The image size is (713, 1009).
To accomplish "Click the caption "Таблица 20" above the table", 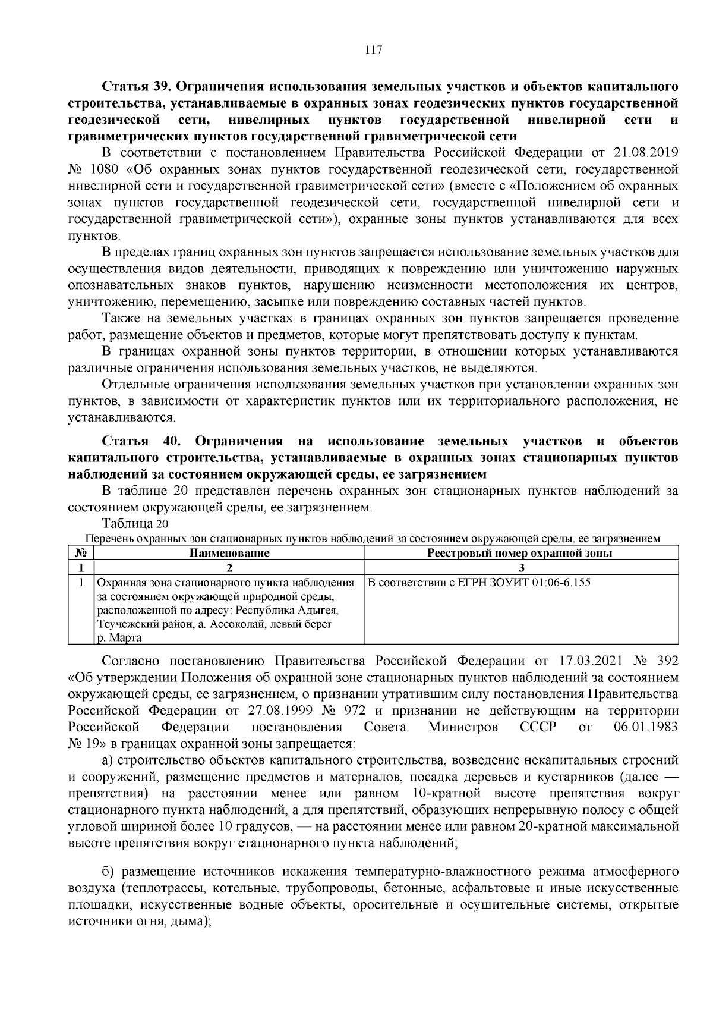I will pyautogui.click(x=135, y=523).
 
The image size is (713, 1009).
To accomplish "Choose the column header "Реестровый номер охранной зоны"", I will pyautogui.click(x=520, y=553).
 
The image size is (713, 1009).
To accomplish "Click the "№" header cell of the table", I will pyautogui.click(x=81, y=553).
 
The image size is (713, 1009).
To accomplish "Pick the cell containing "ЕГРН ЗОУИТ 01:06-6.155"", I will pyautogui.click(x=479, y=583).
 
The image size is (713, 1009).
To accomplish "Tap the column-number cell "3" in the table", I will pyautogui.click(x=521, y=568).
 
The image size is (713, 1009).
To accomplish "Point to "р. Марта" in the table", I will pyautogui.click(x=119, y=638).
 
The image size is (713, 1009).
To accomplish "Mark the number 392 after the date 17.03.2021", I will pyautogui.click(x=664, y=661).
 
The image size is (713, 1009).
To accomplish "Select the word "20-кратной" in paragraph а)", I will pyautogui.click(x=555, y=826).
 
